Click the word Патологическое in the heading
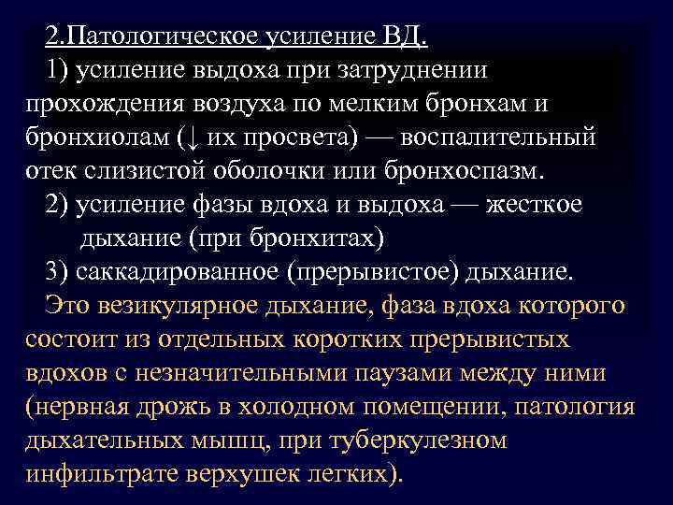[178, 37]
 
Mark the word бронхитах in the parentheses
[321, 238]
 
